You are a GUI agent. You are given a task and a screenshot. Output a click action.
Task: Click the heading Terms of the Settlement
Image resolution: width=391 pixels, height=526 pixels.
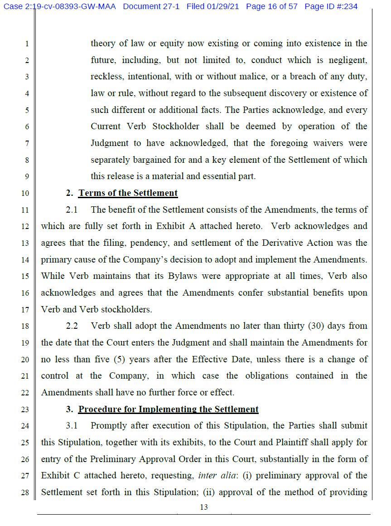[128, 193]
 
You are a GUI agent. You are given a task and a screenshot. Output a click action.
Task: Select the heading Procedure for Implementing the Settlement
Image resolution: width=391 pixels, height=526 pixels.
[168, 409]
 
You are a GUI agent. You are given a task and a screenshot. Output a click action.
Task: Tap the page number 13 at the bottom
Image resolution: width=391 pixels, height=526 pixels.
[204, 507]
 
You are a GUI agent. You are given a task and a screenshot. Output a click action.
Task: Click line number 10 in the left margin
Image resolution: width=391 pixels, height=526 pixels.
[25, 194]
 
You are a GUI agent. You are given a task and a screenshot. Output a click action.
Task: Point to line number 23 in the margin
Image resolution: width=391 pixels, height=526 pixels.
[25, 410]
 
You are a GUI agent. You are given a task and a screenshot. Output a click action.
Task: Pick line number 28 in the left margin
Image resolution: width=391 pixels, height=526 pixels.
[25, 492]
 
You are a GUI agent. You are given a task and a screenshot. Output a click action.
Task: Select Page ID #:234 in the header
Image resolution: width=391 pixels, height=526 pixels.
[331, 7]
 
